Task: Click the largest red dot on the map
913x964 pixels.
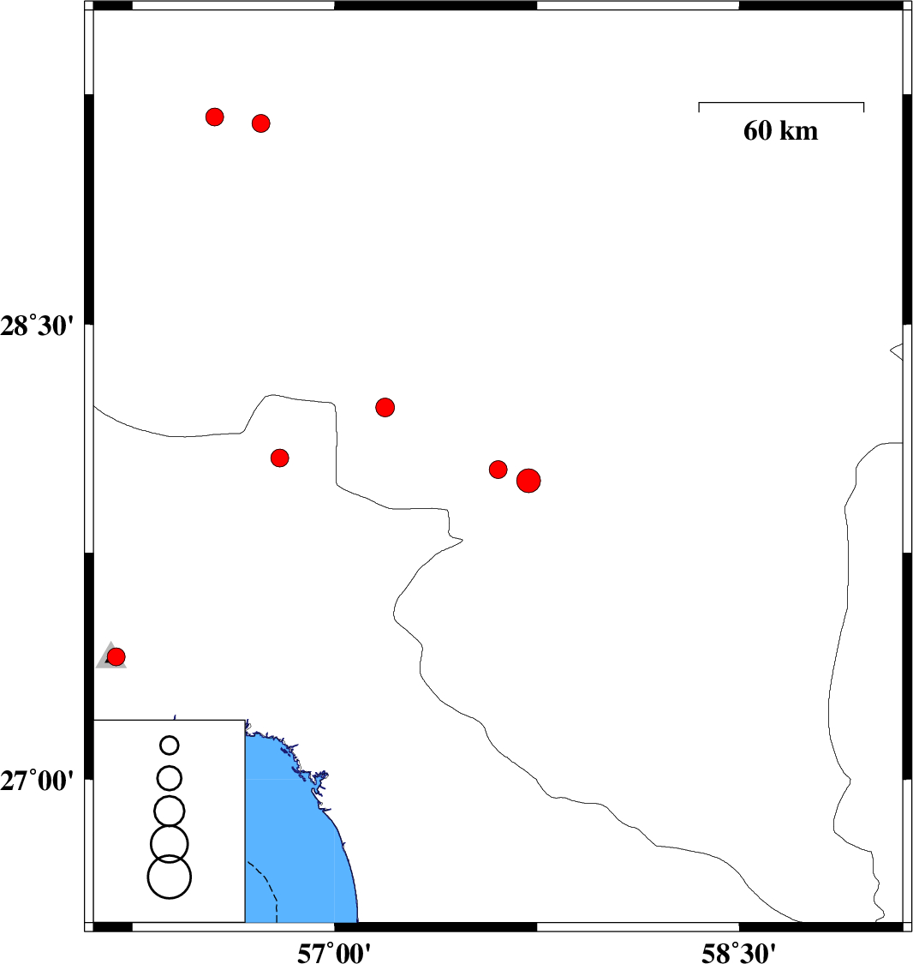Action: coord(528,481)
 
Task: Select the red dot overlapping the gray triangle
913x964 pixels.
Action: coord(116,656)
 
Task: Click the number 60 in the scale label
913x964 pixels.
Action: coord(757,130)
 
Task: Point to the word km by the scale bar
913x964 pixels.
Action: coord(799,130)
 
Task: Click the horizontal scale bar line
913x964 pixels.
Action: coord(781,103)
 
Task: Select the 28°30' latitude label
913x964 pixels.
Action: coord(37,326)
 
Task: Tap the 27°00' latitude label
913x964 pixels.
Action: coord(37,781)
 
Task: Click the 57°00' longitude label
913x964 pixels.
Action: coord(334,953)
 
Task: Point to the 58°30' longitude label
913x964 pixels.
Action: coord(738,953)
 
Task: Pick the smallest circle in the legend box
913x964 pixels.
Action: coord(170,745)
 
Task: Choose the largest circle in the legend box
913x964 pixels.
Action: coord(170,877)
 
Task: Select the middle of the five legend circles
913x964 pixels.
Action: coord(170,811)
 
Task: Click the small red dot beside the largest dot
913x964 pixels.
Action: coord(498,470)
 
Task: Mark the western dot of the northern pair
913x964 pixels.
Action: coord(214,117)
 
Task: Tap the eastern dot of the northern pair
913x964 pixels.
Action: coord(261,123)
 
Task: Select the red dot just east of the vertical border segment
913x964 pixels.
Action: coord(385,407)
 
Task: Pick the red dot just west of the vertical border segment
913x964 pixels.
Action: coord(279,458)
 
